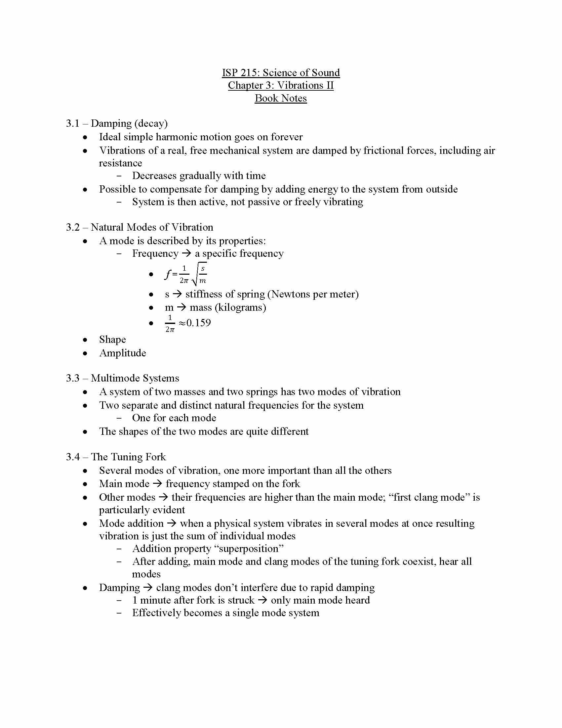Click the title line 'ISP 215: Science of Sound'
pyautogui.click(x=281, y=73)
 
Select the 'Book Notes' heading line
pyautogui.click(x=281, y=98)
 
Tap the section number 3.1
pyautogui.click(x=73, y=124)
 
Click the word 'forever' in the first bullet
pyautogui.click(x=286, y=137)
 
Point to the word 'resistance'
pyautogui.click(x=121, y=163)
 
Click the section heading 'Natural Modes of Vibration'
pyautogui.click(x=152, y=227)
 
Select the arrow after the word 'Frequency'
pyautogui.click(x=186, y=253)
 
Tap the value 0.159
pyautogui.click(x=198, y=323)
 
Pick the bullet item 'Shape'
pyautogui.click(x=112, y=340)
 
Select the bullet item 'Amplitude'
pyautogui.click(x=123, y=353)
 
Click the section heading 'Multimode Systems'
pyautogui.click(x=135, y=378)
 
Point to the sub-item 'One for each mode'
pyautogui.click(x=174, y=418)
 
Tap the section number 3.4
pyautogui.click(x=73, y=457)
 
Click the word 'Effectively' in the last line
pyautogui.click(x=156, y=613)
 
